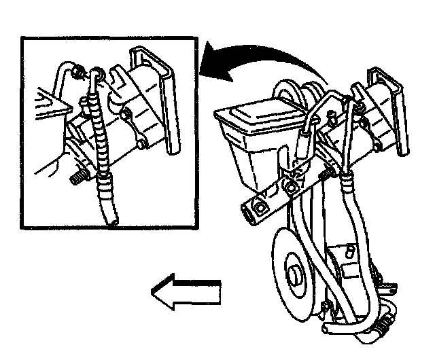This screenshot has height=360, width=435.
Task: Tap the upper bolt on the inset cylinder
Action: [127, 110]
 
